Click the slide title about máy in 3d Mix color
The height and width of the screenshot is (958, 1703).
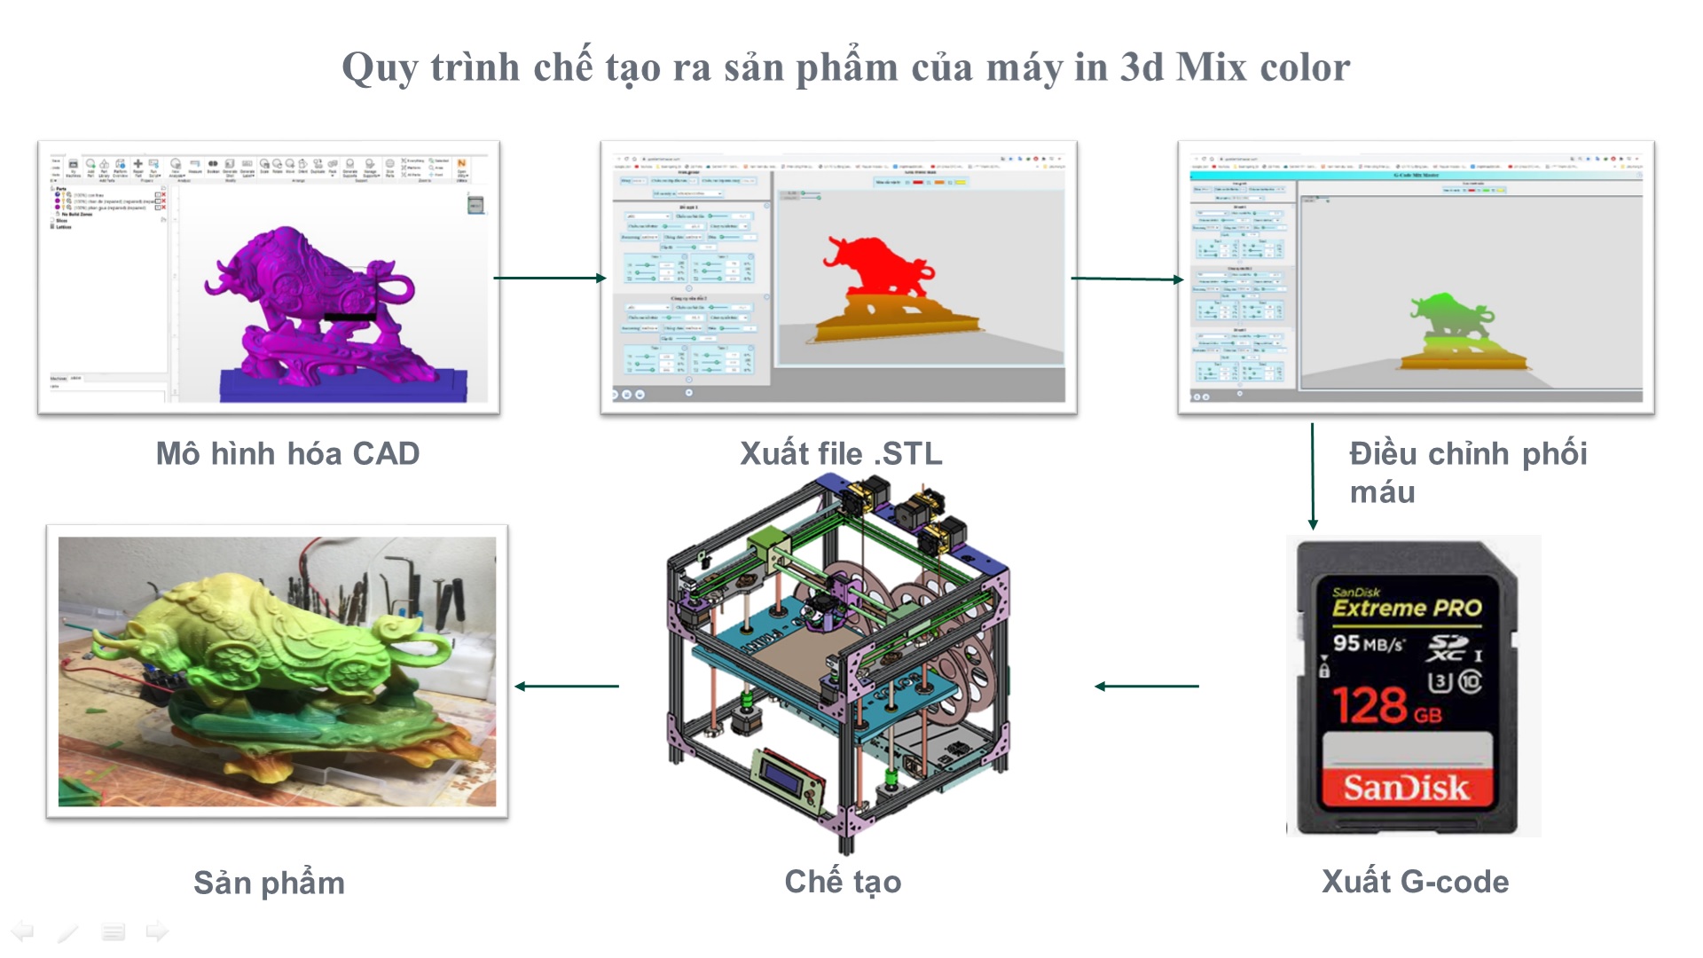[845, 67]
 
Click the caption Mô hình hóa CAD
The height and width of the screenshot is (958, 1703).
[287, 453]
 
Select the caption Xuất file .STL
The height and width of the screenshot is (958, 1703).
[841, 453]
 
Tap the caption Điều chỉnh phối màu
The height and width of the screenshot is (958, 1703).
[1468, 472]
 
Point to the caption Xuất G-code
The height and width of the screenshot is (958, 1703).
[1415, 881]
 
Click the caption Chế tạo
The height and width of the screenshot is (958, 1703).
[843, 881]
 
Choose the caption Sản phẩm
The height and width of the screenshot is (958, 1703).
[269, 883]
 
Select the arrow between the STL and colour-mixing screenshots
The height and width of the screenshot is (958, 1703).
[1127, 279]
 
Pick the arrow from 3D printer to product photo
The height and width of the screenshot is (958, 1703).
[567, 686]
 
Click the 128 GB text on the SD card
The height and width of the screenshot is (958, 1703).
[1387, 705]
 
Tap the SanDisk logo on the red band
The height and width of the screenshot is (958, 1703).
[1406, 788]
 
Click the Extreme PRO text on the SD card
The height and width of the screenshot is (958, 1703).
[1407, 608]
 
